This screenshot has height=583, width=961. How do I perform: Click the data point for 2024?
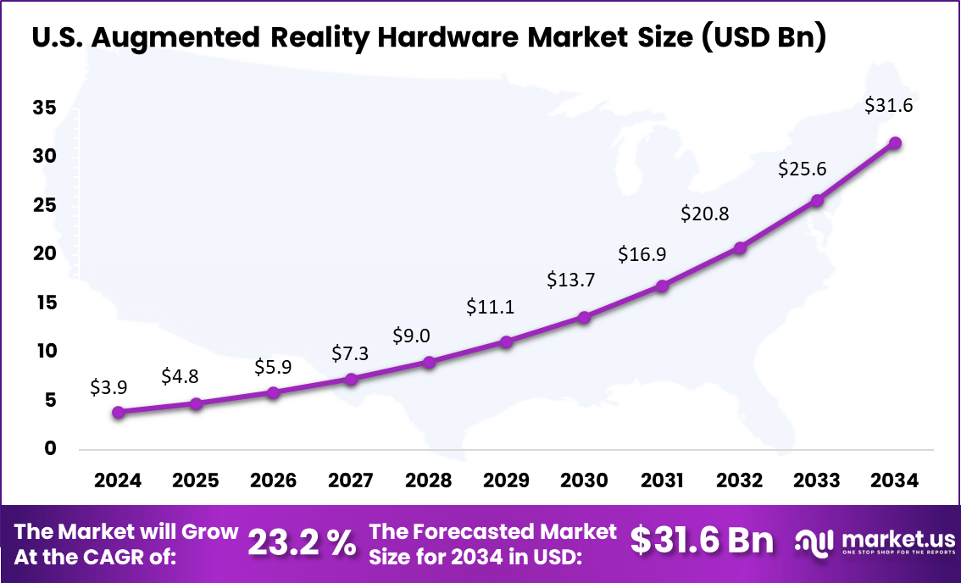point(119,412)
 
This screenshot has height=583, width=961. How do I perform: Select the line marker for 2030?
point(584,317)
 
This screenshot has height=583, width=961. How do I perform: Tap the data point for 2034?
point(895,143)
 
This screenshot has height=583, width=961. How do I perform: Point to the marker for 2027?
point(351,379)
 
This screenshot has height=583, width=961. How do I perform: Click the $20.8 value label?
point(704,214)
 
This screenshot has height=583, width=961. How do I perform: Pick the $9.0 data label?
point(411,336)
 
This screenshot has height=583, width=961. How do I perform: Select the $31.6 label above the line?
point(888,106)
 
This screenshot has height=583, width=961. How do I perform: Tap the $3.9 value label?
point(108,387)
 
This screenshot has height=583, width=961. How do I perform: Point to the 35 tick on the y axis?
point(45,108)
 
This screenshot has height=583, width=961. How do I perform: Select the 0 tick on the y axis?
point(50,448)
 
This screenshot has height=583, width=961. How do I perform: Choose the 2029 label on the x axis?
point(506,480)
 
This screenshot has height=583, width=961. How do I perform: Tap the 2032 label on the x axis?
point(739,480)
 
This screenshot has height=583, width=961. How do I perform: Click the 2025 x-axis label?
point(196,480)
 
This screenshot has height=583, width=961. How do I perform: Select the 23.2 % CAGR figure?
point(302,543)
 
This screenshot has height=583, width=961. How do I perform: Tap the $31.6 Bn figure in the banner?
point(703,541)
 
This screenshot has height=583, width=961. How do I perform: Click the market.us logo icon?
point(814,542)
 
